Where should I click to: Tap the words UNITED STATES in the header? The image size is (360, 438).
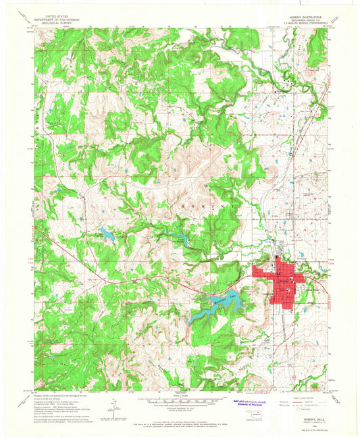[x=57, y=14]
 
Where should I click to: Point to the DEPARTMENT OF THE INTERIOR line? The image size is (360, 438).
[x=57, y=18]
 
